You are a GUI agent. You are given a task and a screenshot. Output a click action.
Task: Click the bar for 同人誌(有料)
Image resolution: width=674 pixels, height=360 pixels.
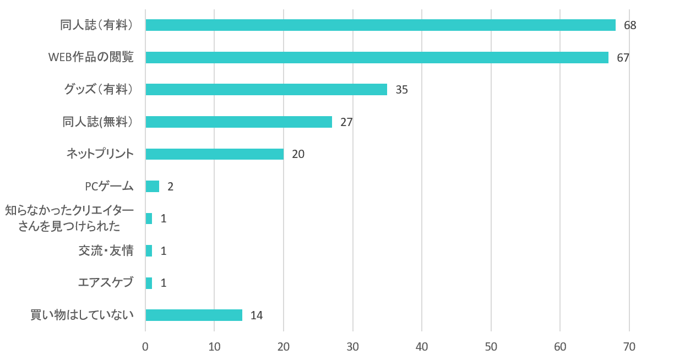pos(380,25)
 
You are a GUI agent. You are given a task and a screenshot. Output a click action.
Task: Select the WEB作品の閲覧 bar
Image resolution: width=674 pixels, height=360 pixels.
pos(377,57)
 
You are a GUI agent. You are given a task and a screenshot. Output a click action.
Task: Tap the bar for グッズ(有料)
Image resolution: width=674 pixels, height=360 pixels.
pos(266,90)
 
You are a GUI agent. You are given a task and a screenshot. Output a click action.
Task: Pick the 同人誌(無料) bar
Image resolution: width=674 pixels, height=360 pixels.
pos(238,122)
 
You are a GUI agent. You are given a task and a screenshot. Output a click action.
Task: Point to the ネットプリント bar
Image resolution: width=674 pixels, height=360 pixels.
pos(214,154)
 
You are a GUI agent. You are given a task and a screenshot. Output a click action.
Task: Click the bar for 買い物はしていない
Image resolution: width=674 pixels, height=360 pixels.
pos(194,315)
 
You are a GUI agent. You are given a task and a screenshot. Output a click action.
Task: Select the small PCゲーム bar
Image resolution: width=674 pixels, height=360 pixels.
pos(153,186)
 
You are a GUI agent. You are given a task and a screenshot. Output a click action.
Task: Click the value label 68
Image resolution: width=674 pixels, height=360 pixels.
pos(630,25)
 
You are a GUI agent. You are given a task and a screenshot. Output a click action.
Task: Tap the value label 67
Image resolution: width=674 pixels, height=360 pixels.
pos(623,57)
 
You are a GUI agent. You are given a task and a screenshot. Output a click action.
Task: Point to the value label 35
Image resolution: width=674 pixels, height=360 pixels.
pos(401,90)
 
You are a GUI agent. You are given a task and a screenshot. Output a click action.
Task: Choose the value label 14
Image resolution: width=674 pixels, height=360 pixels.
pos(256,315)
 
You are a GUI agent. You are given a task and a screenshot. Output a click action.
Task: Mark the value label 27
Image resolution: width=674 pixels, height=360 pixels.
pos(346,122)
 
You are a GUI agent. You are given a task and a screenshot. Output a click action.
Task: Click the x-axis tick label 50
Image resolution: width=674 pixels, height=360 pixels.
pos(491,347)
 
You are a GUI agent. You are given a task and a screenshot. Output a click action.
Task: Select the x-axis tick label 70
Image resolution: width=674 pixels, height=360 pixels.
pos(629,347)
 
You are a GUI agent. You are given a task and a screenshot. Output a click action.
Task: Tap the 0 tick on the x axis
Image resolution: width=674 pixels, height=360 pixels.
pos(145,347)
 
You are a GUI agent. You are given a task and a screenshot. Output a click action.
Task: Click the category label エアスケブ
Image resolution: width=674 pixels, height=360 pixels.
pos(106,283)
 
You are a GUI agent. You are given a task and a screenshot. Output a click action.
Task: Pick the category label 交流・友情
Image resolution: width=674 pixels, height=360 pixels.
pos(106,251)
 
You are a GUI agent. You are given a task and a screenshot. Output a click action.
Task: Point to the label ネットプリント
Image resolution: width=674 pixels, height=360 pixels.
pos(100,154)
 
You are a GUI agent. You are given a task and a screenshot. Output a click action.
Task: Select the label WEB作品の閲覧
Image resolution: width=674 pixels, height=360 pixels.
pos(91,57)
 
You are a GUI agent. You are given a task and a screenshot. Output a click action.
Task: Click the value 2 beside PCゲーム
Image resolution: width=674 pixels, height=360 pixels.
pos(170,187)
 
